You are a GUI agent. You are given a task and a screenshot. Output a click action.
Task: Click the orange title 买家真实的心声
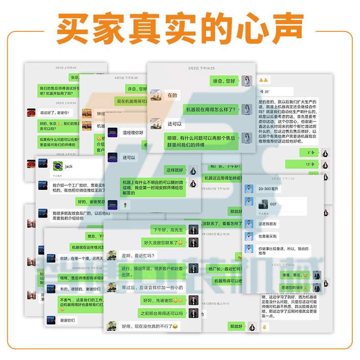[180, 29]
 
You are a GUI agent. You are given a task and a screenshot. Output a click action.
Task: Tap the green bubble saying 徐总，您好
[224, 81]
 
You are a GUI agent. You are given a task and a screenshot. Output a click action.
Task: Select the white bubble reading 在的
[172, 96]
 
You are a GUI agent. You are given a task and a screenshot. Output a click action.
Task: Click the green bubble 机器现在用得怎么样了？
[211, 109]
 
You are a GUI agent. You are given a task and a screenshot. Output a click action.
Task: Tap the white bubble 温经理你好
[133, 133]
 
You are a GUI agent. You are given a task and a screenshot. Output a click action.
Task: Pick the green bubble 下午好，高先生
[168, 230]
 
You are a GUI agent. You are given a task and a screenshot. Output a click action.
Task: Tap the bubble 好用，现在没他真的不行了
[149, 326]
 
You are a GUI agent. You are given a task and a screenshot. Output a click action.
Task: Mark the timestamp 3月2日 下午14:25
[201, 68]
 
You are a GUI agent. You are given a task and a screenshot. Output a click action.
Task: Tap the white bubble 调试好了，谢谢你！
[54, 112]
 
